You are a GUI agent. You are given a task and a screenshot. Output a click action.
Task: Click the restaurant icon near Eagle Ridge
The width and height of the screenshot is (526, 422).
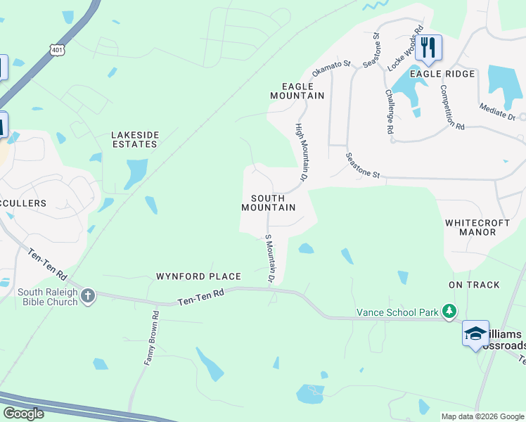pyautogui.click(x=428, y=48)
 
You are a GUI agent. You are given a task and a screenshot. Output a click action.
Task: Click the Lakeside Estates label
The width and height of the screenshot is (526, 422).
pyautogui.click(x=134, y=139)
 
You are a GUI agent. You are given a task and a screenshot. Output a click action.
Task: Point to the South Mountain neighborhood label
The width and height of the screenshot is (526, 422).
pyautogui.click(x=267, y=203)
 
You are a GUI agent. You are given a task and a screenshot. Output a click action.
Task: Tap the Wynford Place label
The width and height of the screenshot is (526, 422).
pyautogui.click(x=198, y=276)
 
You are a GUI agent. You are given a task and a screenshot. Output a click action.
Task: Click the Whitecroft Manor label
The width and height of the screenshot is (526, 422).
pyautogui.click(x=477, y=226)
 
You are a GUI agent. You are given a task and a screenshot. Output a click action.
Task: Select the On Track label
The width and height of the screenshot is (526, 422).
pyautogui.click(x=474, y=285)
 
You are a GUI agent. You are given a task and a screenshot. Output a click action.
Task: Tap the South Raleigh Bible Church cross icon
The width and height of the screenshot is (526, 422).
pyautogui.click(x=87, y=296)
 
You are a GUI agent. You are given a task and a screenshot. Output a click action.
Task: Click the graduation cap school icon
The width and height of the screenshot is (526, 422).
pyautogui.click(x=475, y=333)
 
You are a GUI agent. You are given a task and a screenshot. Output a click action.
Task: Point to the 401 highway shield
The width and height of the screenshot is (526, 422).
pyautogui.click(x=58, y=50)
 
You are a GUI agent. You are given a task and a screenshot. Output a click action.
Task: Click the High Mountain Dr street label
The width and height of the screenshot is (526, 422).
pyautogui.click(x=301, y=152)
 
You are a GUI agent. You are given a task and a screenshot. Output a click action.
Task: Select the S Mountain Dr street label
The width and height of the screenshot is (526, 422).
pyautogui.click(x=269, y=259)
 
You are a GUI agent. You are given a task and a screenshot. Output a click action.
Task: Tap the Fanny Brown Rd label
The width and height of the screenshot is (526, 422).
pyautogui.click(x=152, y=339)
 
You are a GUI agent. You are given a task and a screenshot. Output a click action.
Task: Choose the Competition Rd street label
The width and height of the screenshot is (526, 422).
pyautogui.click(x=452, y=107)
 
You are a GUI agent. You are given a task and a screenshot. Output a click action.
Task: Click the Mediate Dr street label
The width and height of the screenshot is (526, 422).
pyautogui.click(x=497, y=111)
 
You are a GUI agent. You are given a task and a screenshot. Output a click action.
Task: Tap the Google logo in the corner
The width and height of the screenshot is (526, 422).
pyautogui.click(x=23, y=414)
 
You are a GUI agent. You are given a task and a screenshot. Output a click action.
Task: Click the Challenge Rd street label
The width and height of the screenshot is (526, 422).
pyautogui.click(x=389, y=111)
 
